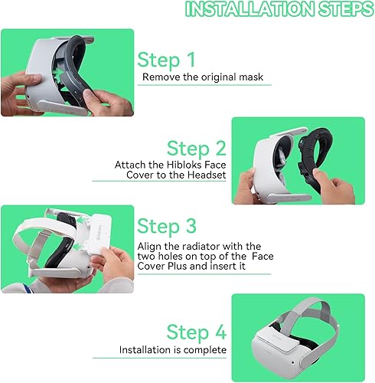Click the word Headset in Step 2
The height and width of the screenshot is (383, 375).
pyautogui.click(x=207, y=175)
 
